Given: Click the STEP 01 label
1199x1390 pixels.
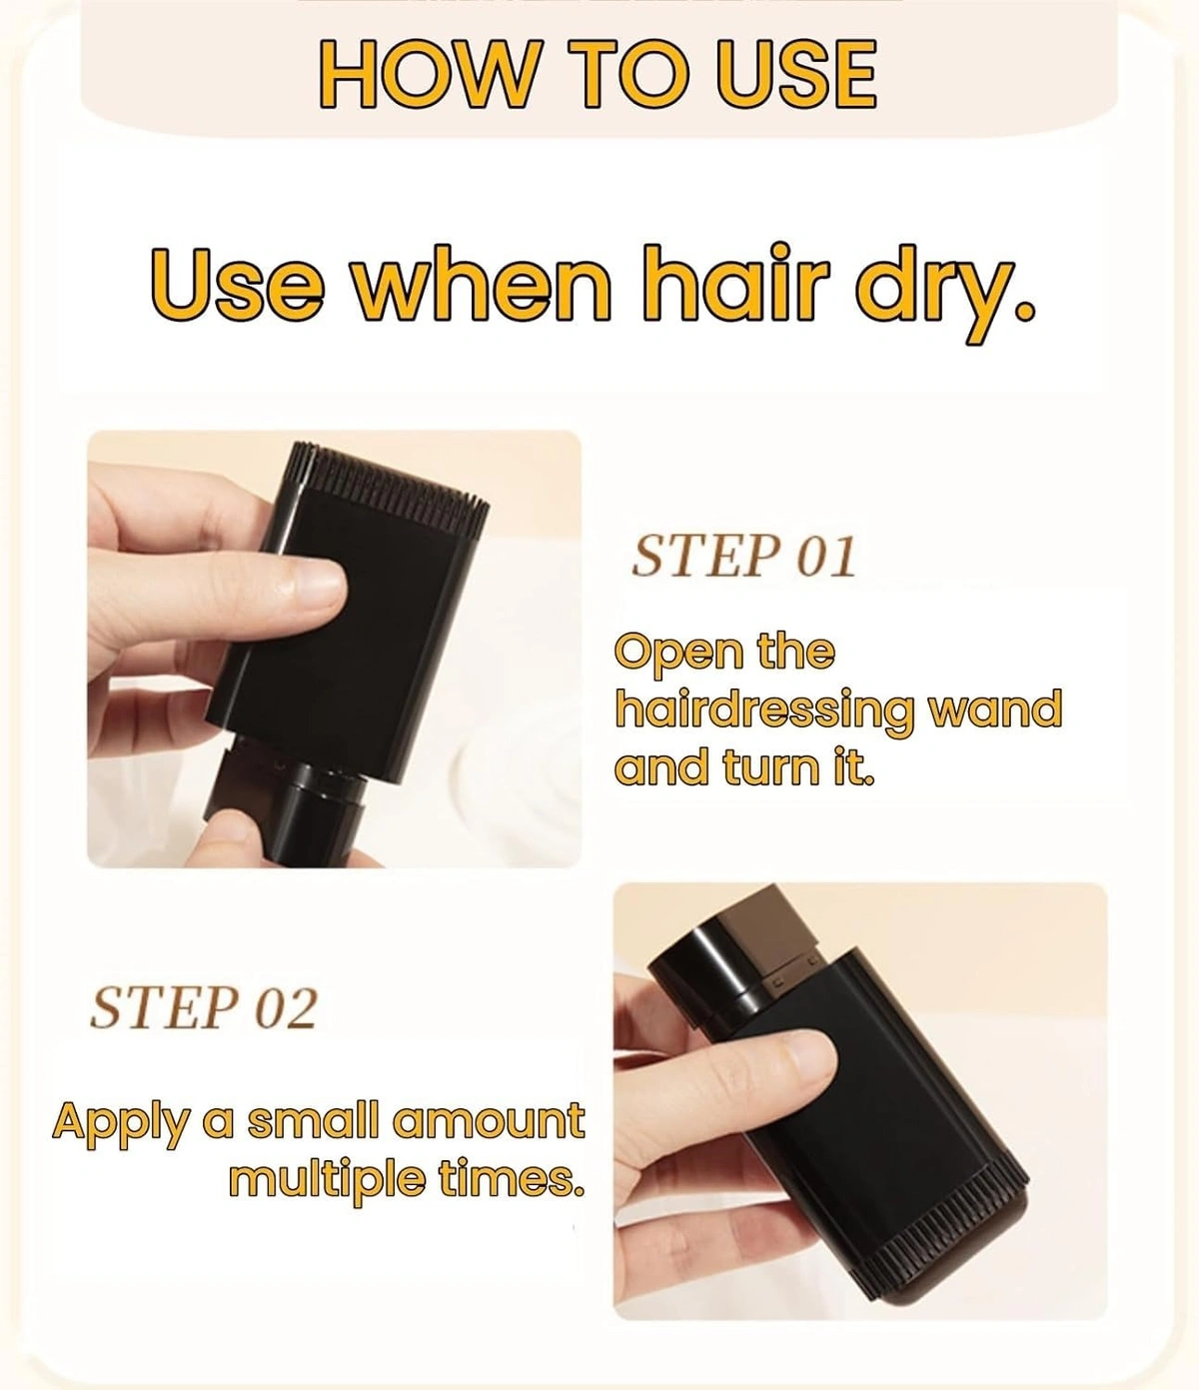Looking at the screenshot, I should (744, 558).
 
